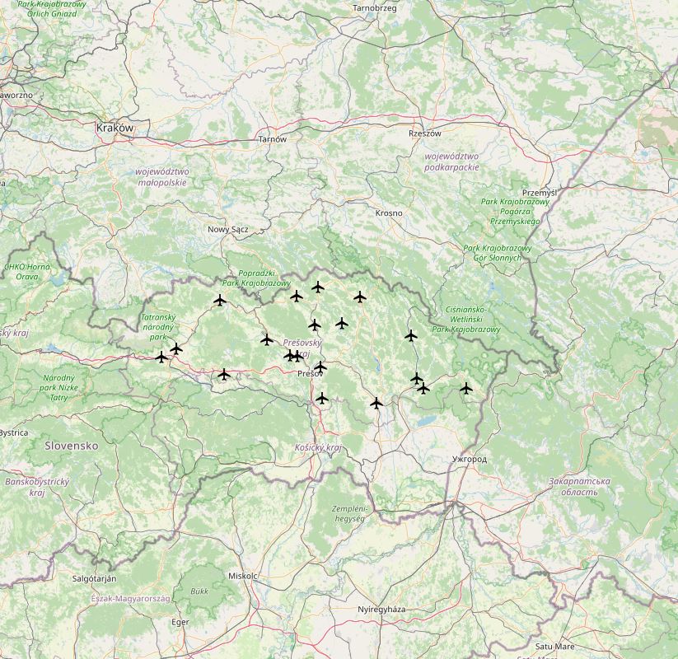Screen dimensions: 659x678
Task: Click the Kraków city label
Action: (115, 128)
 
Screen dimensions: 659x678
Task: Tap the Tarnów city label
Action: (273, 139)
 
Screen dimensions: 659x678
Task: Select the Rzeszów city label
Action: (425, 133)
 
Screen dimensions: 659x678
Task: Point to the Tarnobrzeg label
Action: (374, 8)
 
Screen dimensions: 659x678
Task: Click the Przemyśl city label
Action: (540, 192)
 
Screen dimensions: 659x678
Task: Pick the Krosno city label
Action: (389, 213)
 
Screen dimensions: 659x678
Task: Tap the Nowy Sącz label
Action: (228, 230)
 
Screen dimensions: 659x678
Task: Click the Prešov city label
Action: (310, 373)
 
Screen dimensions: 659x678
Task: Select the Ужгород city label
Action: (470, 458)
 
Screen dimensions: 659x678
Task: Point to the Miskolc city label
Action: (243, 576)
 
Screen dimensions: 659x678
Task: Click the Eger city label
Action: (180, 622)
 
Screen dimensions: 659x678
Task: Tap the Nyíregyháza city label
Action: (381, 609)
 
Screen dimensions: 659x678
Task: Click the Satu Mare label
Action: (554, 647)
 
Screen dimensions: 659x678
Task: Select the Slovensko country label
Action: (72, 445)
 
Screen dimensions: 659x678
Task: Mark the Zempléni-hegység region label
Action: (353, 513)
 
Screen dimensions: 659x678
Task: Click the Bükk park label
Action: (199, 591)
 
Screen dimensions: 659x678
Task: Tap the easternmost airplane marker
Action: (466, 388)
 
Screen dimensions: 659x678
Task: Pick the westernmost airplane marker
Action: (161, 357)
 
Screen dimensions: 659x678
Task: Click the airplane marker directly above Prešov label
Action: (320, 367)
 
